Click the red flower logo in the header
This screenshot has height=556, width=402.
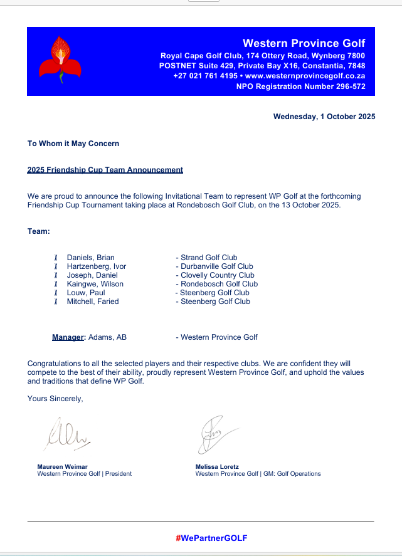click(60, 60)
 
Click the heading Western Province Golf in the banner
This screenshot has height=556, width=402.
click(304, 43)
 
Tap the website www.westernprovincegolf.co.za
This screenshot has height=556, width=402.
click(305, 76)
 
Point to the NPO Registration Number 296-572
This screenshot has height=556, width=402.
click(301, 87)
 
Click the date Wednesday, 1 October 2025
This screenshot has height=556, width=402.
click(324, 117)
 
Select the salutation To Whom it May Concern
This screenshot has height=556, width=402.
click(73, 144)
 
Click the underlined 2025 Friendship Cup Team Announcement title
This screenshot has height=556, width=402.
click(105, 170)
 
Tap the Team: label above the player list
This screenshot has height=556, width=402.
click(38, 231)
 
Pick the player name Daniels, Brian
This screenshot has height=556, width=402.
click(90, 258)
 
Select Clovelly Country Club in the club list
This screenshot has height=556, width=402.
click(217, 275)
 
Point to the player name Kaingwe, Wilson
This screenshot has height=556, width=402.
click(95, 284)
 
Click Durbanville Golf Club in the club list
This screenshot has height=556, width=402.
click(216, 266)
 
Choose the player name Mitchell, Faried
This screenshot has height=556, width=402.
click(93, 302)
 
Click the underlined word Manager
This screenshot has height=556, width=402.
click(68, 337)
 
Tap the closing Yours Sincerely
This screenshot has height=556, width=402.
click(55, 398)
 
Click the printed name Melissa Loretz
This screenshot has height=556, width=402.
click(217, 466)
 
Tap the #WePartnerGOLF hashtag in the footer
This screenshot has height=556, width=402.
click(211, 538)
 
